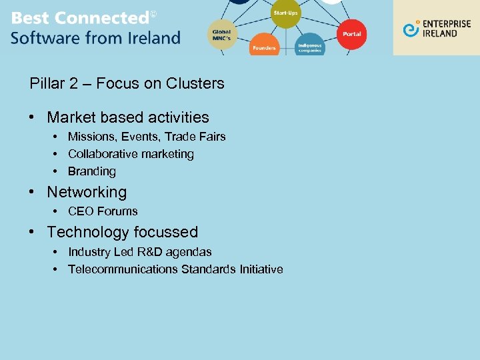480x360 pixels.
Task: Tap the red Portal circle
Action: [351, 34]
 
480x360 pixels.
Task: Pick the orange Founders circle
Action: [264, 45]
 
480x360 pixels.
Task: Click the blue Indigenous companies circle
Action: [309, 46]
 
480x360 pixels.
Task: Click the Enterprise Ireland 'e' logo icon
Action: [412, 28]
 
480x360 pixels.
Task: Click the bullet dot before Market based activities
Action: [32, 118]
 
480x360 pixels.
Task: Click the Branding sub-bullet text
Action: [92, 171]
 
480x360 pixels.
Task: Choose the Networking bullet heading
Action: [87, 192]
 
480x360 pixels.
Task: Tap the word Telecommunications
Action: [123, 269]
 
